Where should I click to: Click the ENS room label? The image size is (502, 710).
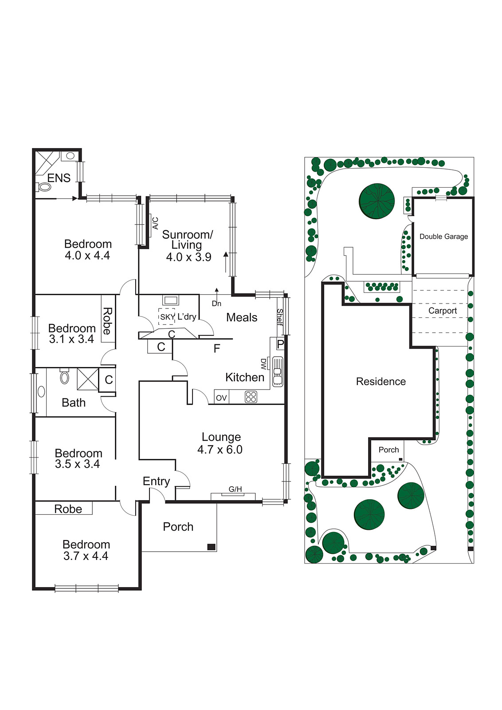coord(59,178)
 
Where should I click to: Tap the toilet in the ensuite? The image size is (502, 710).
coord(45,187)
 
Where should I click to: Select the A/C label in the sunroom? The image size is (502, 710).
coord(155,223)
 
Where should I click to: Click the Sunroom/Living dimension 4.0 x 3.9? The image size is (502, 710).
coord(188,257)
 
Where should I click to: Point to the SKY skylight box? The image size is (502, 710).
coord(167,317)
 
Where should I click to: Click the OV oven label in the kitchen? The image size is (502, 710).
coord(221,398)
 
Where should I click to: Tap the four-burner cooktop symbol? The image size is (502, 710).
coord(251,397)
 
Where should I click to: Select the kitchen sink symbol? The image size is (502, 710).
coord(278,371)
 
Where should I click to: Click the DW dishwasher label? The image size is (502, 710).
coord(263,364)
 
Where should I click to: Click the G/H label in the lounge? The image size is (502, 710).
coord(235,489)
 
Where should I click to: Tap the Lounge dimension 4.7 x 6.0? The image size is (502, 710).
coord(220,450)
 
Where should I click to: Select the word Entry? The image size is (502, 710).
coord(156,481)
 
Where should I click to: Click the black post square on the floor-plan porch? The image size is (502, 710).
coord(212,547)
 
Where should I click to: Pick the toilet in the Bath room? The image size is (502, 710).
coord(65,377)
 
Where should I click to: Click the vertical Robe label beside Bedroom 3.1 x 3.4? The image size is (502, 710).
coord(107,321)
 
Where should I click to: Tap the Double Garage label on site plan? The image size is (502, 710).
coord(443,237)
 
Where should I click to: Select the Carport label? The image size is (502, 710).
coord(442,311)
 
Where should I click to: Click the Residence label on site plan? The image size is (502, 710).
coord(380,382)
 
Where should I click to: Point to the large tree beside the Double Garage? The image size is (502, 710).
coord(376,201)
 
